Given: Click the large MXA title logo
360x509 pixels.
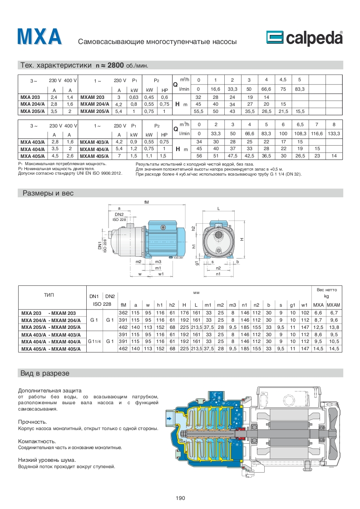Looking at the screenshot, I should click(x=39, y=37).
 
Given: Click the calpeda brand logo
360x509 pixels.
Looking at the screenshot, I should click(x=304, y=38).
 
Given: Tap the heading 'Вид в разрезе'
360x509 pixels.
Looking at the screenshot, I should click(x=45, y=373).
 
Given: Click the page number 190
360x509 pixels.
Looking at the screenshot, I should click(x=180, y=499).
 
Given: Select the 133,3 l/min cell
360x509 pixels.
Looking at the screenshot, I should click(x=334, y=133).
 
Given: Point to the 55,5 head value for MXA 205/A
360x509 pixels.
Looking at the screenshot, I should click(x=198, y=111).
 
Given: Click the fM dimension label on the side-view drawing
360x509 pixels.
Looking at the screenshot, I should click(x=146, y=202).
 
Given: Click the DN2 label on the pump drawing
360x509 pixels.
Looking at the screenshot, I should click(x=119, y=214).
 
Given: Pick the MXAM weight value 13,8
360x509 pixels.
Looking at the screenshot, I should click(x=334, y=327).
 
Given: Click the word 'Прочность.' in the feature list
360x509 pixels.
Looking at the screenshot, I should click(x=32, y=422).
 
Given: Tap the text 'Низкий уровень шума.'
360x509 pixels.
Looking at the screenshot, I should click(x=46, y=460).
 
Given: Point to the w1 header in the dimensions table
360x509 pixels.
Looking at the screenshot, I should click(x=305, y=304).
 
